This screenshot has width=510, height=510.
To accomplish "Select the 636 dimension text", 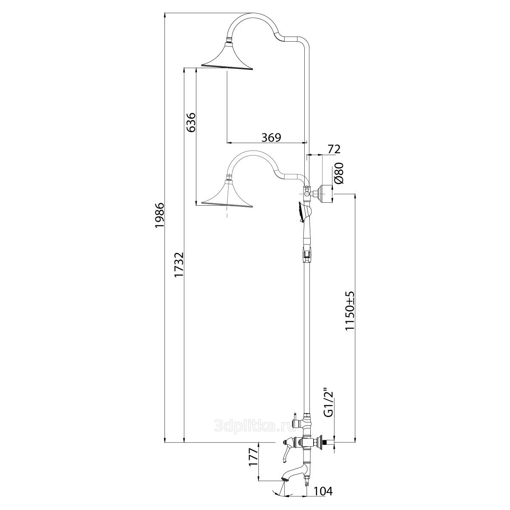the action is click(x=191, y=122).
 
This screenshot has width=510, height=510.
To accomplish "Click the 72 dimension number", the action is click(x=334, y=150).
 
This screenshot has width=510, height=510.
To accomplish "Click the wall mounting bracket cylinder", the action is click(x=325, y=194).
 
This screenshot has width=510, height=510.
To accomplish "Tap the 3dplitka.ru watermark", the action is click(x=254, y=426).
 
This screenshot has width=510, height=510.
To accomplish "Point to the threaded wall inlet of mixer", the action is click(x=331, y=442).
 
